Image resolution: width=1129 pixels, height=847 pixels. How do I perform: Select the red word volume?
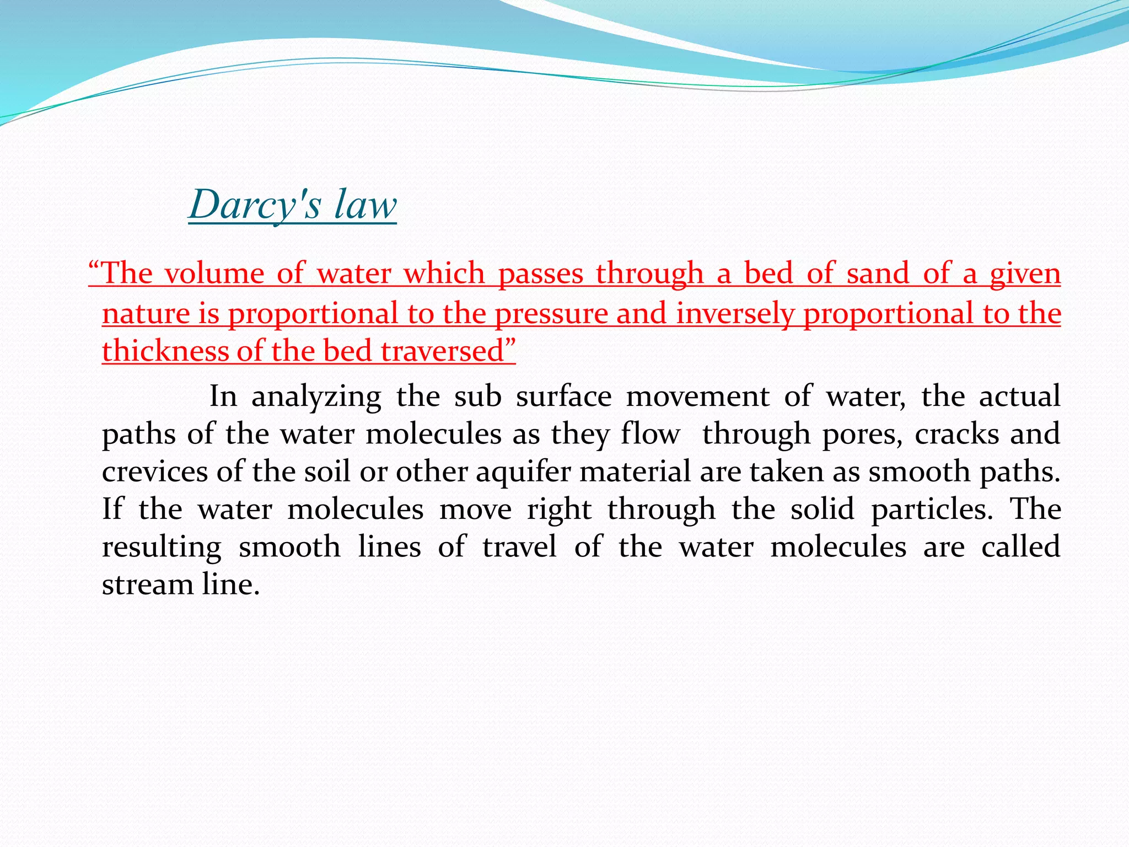pos(214,274)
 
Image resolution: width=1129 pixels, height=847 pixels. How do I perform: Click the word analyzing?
pos(316,397)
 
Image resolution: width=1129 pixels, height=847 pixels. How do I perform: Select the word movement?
pos(697,397)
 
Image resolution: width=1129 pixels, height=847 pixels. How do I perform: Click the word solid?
pos(822,510)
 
